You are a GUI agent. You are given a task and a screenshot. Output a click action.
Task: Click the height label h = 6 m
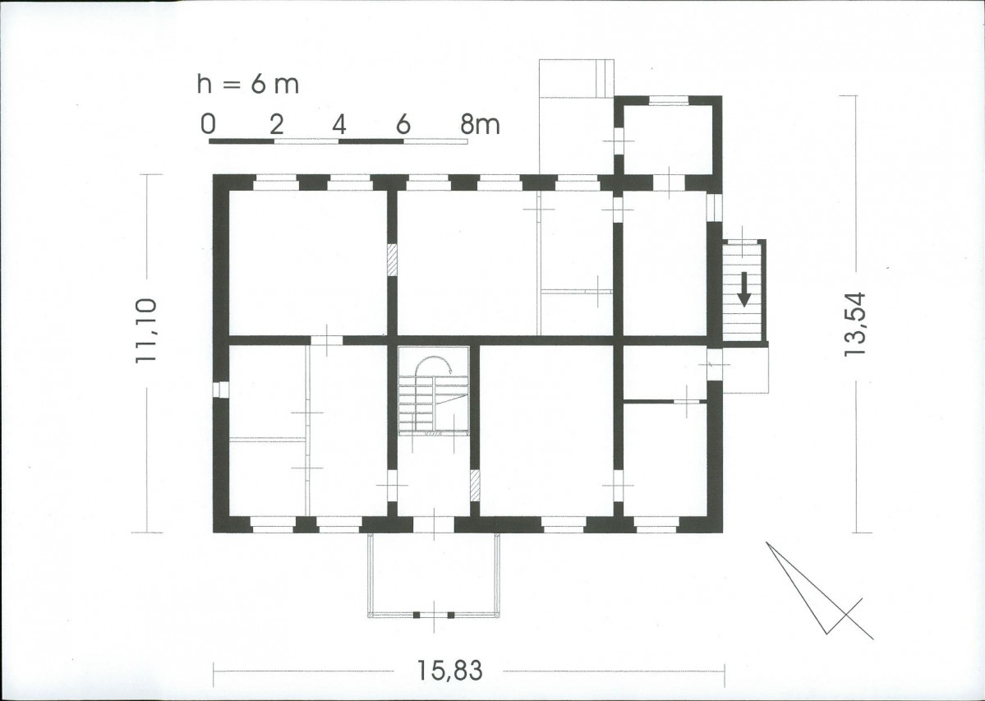coord(247,84)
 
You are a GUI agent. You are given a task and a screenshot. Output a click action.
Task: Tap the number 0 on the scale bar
coord(208,124)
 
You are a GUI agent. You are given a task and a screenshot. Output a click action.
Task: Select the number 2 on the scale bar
coord(276,124)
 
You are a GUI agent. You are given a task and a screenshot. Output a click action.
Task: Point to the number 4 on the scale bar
coord(339,124)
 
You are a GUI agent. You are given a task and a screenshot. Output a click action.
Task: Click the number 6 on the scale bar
coord(403,124)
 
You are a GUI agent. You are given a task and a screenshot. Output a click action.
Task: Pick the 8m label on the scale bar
coord(480,124)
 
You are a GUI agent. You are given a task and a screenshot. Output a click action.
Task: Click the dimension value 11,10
coord(145,330)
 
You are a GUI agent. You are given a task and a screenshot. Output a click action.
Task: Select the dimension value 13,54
coord(855,325)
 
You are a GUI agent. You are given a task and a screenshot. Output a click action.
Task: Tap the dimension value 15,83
coord(450,671)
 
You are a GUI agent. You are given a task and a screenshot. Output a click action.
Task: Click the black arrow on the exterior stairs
coord(744,289)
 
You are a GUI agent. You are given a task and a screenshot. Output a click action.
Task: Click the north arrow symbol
coord(820,590)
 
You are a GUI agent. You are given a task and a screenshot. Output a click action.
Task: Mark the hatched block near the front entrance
coord(476,485)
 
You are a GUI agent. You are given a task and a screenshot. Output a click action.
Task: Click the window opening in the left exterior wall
coord(220,390)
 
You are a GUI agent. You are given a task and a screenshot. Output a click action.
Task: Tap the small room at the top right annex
coord(668,140)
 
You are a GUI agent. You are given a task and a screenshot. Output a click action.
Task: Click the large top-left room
coord(308,262)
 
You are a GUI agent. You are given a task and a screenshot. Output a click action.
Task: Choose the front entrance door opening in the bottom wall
coord(434,524)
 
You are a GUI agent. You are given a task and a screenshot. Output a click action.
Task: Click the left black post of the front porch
coord(416,615)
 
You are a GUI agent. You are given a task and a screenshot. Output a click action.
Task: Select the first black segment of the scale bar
coord(242,141)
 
